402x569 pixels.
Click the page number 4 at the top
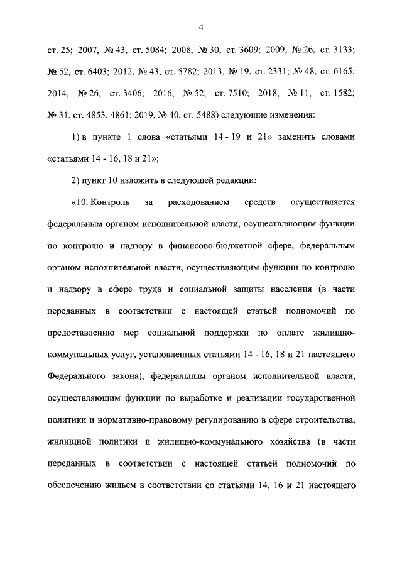pyautogui.click(x=201, y=26)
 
